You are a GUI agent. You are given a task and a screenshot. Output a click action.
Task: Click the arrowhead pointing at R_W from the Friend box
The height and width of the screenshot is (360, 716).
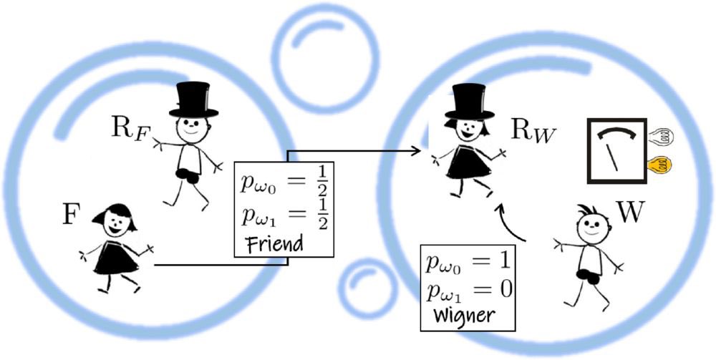point(414,151)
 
